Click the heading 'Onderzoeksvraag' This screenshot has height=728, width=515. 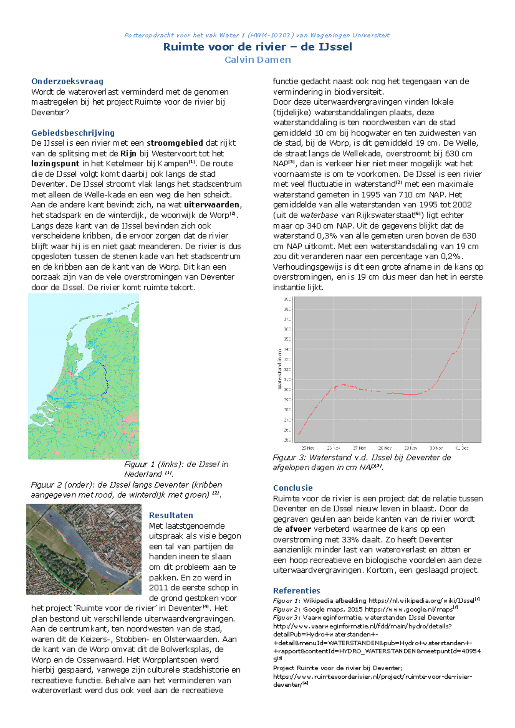(x=67, y=81)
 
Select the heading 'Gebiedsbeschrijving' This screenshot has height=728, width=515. (x=73, y=133)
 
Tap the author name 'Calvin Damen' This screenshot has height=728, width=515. (x=257, y=60)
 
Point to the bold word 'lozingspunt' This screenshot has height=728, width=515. (x=55, y=164)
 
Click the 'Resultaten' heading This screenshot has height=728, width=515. (x=171, y=515)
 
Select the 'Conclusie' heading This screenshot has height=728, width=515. (x=293, y=488)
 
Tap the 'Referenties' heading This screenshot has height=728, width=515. (x=297, y=590)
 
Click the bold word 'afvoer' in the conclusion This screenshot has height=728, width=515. (x=298, y=529)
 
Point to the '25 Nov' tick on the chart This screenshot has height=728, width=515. (x=308, y=448)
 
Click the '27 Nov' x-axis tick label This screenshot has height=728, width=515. (x=359, y=448)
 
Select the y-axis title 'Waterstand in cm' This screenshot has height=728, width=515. (x=279, y=369)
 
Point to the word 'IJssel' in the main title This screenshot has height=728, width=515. (x=335, y=47)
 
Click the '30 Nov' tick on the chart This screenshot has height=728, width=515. (x=436, y=448)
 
